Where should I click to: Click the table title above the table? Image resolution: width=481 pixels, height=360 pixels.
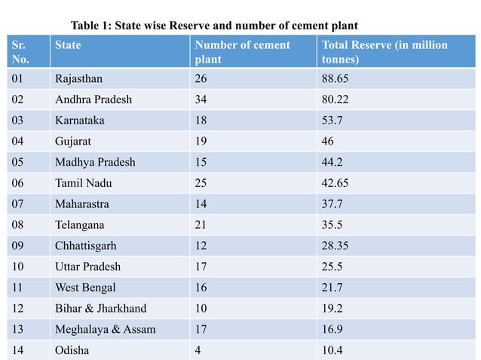coord(213,26)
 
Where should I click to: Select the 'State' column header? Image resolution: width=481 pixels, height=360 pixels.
coord(68,45)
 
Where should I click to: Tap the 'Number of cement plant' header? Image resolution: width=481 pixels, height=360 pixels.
coord(242,52)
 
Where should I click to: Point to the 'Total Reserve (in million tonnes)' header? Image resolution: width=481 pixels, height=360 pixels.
coord(384,52)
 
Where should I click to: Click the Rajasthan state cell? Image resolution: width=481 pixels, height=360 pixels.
coord(78,78)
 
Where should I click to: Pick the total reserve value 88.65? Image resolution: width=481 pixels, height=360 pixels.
coord(336,78)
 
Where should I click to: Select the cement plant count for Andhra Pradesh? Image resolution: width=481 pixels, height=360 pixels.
coord(202,99)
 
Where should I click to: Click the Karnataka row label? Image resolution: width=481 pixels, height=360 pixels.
coord(79,121)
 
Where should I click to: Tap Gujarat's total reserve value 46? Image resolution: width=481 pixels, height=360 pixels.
coord(328,141)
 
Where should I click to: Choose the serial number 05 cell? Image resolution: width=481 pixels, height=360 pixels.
coord(20,162)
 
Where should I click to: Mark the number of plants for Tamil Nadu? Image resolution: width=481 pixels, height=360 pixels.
coord(202,183)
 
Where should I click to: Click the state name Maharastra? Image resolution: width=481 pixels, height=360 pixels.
coord(81,204)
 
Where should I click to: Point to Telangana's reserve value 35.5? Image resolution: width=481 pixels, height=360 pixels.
coord(332,224)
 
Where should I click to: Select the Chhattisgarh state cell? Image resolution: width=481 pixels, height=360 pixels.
coord(85,246)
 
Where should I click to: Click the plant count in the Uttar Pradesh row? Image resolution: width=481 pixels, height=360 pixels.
coord(201,267)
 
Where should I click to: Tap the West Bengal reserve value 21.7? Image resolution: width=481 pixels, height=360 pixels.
coord(332,288)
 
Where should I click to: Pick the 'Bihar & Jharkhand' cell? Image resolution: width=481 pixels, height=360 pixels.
coord(100,308)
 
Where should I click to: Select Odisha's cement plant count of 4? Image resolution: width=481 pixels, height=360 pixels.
coord(198,350)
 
